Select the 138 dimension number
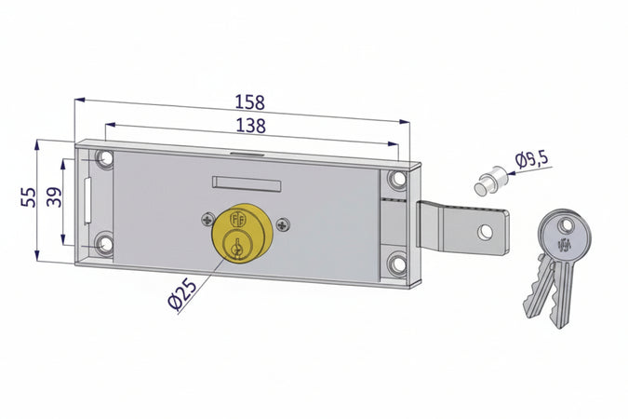pyautogui.click(x=248, y=125)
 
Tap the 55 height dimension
pyautogui.click(x=28, y=196)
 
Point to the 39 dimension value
pyautogui.click(x=54, y=197)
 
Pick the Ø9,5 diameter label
pyautogui.click(x=531, y=160)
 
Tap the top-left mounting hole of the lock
pyautogui.click(x=104, y=159)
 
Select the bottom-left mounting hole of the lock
pyautogui.click(x=104, y=245)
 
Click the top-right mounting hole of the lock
pyautogui.click(x=398, y=179)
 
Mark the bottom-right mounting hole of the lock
pyautogui.click(x=398, y=264)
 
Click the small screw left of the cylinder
pyautogui.click(x=207, y=221)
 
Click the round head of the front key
pyautogui.click(x=563, y=236)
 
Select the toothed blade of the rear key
pyautogui.click(x=538, y=291)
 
